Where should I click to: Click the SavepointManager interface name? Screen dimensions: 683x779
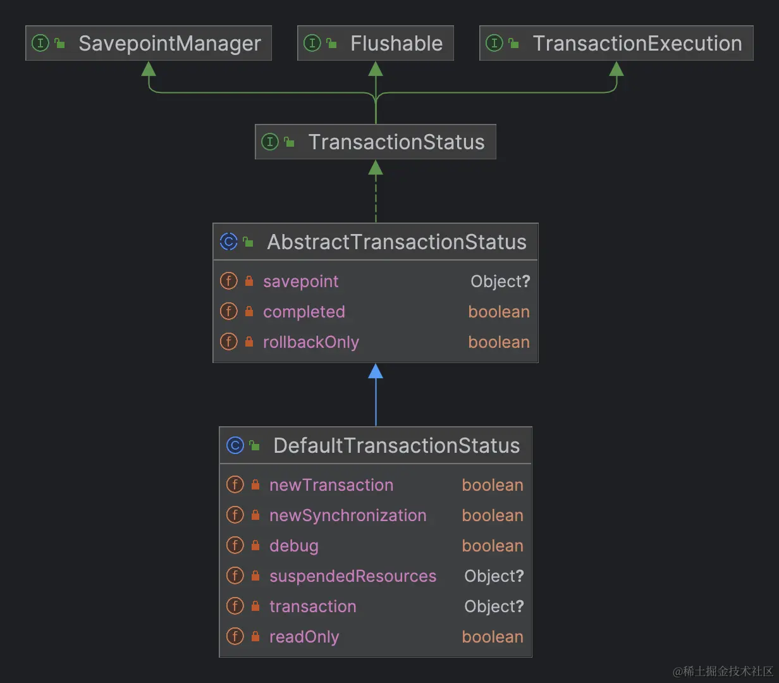click(x=169, y=44)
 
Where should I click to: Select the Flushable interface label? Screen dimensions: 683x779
click(x=396, y=44)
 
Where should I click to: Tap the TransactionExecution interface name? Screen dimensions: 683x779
click(x=637, y=44)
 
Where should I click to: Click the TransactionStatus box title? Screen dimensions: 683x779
click(x=396, y=142)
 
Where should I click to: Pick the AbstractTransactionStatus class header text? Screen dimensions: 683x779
click(x=396, y=242)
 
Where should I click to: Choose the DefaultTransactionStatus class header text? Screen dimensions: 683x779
click(x=396, y=446)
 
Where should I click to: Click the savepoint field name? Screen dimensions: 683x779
click(x=300, y=281)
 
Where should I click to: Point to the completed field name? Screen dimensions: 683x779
click(x=304, y=312)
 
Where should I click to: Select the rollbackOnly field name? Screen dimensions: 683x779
click(x=310, y=342)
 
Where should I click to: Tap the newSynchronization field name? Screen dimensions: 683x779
click(x=348, y=515)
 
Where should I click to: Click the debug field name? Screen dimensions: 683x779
click(x=293, y=546)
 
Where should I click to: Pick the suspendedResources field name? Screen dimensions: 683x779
click(x=353, y=576)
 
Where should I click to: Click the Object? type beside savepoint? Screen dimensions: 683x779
click(x=500, y=281)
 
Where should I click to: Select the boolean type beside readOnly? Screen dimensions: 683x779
click(x=493, y=637)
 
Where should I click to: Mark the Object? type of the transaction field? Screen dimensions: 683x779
click(x=494, y=606)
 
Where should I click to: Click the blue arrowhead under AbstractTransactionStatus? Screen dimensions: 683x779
click(x=376, y=371)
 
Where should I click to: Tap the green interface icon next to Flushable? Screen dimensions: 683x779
click(x=312, y=43)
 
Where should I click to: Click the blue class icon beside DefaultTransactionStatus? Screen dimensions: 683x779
click(x=235, y=445)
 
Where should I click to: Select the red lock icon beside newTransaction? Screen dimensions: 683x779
click(x=255, y=485)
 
